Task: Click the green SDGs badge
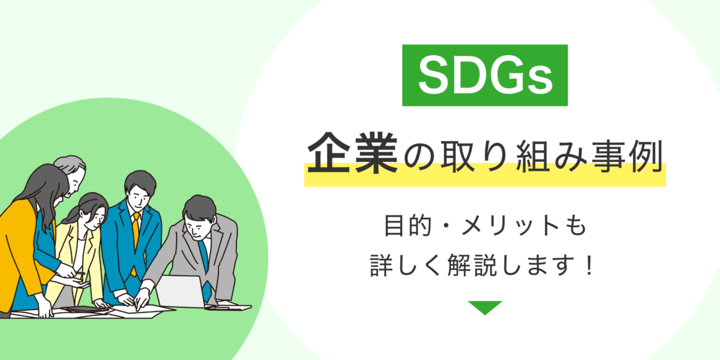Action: (x=485, y=75)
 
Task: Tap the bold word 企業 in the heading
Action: (x=353, y=153)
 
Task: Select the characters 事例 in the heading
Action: (x=626, y=156)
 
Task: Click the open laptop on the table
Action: (x=182, y=291)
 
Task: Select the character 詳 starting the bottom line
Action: (x=382, y=265)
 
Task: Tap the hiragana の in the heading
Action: (x=419, y=157)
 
